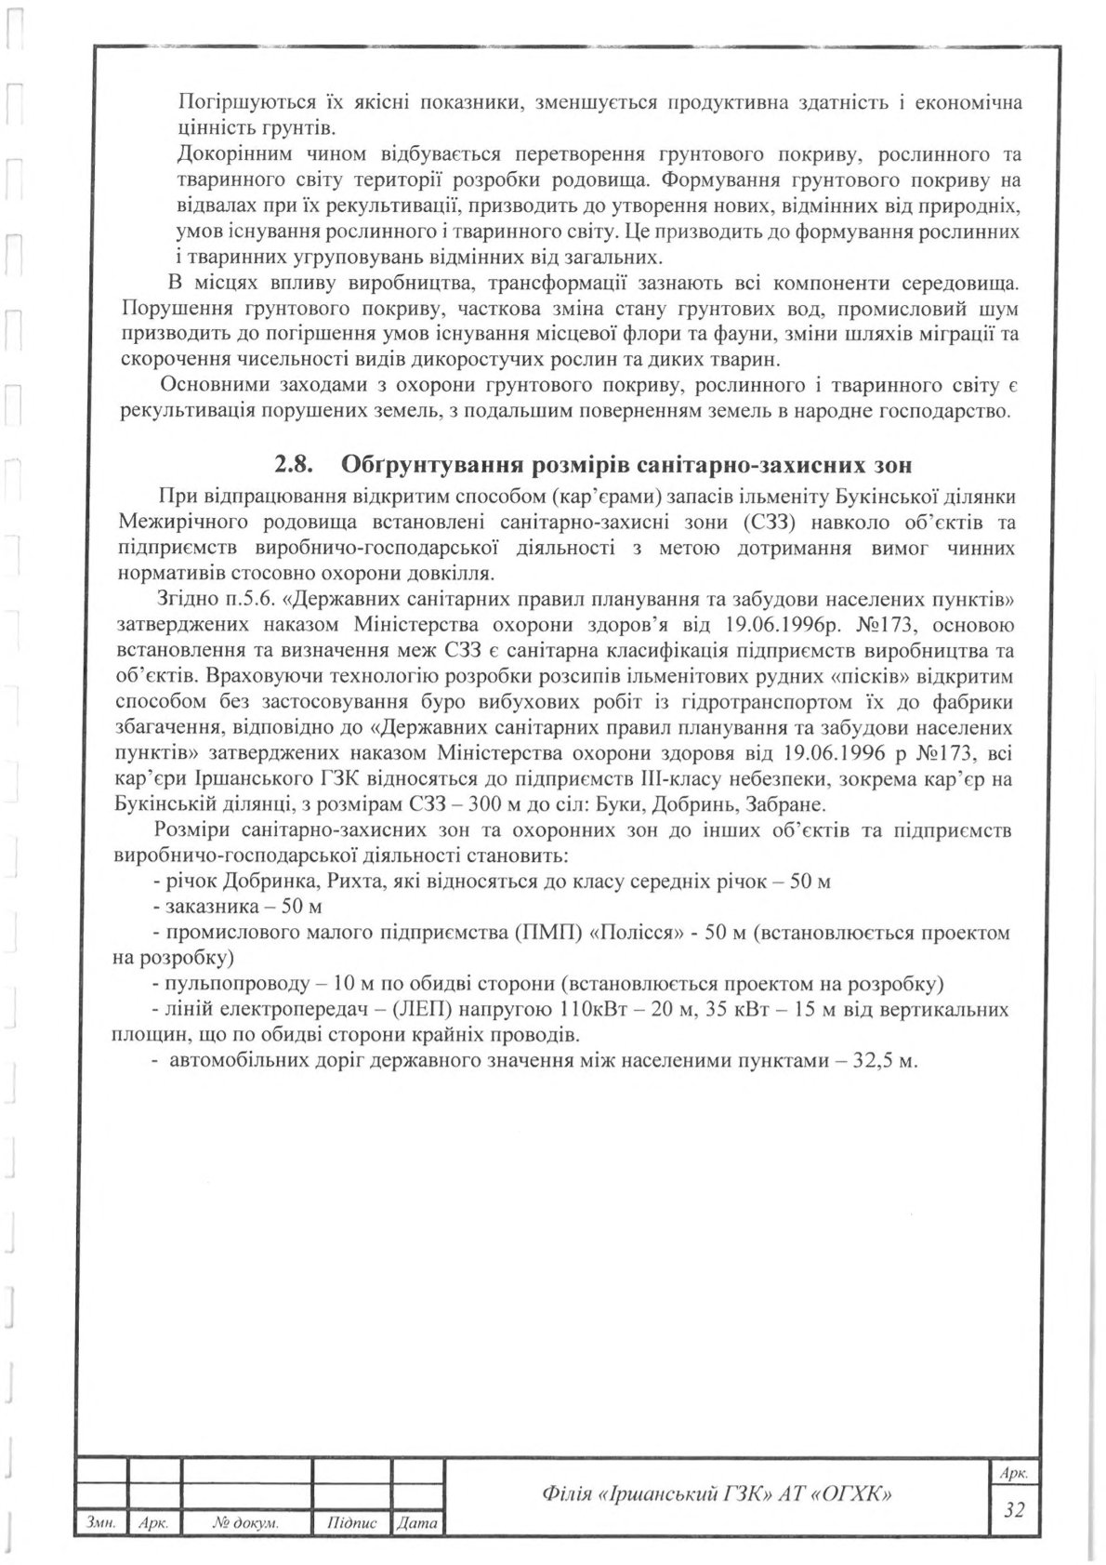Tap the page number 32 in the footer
click(x=1014, y=1509)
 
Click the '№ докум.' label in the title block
click(x=245, y=1523)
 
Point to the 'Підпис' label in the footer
click(x=352, y=1523)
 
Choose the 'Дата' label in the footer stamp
click(x=416, y=1523)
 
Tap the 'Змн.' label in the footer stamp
click(x=99, y=1523)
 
